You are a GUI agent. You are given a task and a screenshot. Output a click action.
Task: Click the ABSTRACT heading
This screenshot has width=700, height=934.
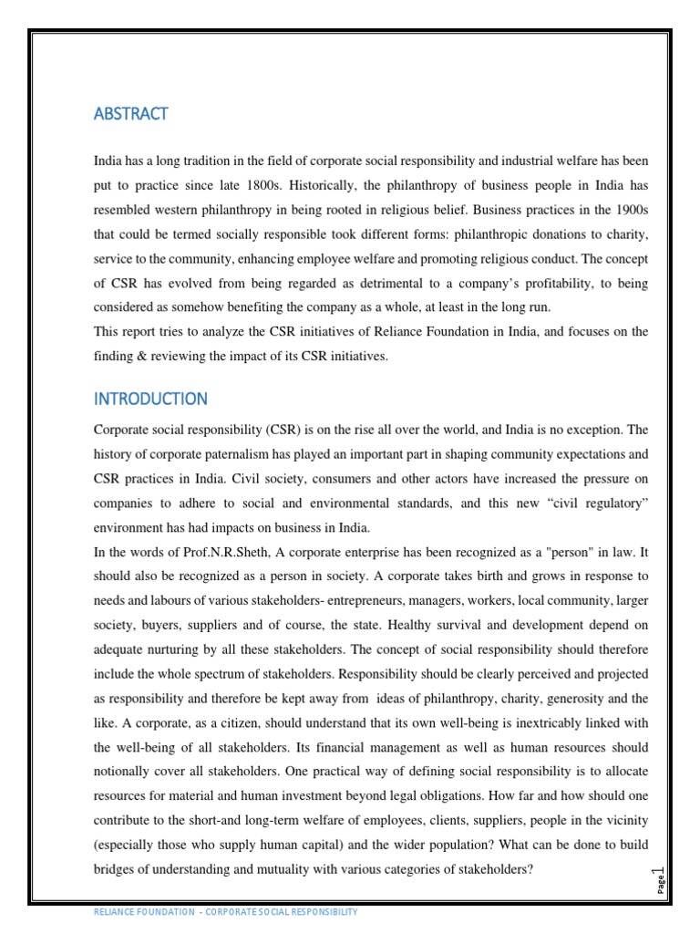130,114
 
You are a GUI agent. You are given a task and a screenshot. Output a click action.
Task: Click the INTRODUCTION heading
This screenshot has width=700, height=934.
150,400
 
